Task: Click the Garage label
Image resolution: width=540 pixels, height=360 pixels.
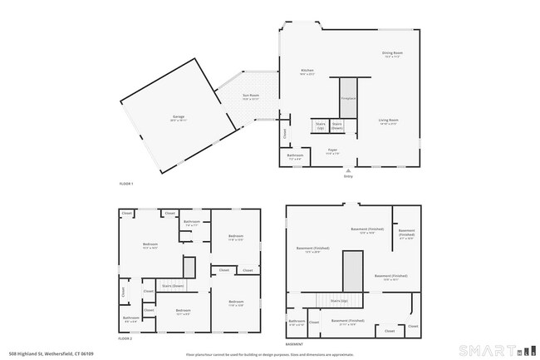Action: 178,117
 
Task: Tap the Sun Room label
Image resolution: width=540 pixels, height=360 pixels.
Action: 251,97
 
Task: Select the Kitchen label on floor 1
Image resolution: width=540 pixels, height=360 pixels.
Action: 307,72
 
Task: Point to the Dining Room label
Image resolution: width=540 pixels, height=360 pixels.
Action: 392,55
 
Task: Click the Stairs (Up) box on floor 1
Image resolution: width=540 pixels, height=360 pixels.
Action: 320,126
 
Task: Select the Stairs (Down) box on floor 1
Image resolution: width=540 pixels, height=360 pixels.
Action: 337,126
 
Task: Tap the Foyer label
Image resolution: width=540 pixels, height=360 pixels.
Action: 331,151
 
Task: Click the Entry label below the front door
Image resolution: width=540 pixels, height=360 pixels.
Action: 348,176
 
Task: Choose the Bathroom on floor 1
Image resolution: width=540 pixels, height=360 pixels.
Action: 295,156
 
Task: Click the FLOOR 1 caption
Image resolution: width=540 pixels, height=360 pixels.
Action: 125,183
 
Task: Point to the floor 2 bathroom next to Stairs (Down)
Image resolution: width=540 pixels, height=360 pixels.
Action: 131,318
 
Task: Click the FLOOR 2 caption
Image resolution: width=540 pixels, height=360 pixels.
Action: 125,339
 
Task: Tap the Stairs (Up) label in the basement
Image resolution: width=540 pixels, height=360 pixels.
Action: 338,301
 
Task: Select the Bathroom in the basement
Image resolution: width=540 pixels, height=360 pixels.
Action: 297,322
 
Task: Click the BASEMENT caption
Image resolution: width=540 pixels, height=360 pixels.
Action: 294,343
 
